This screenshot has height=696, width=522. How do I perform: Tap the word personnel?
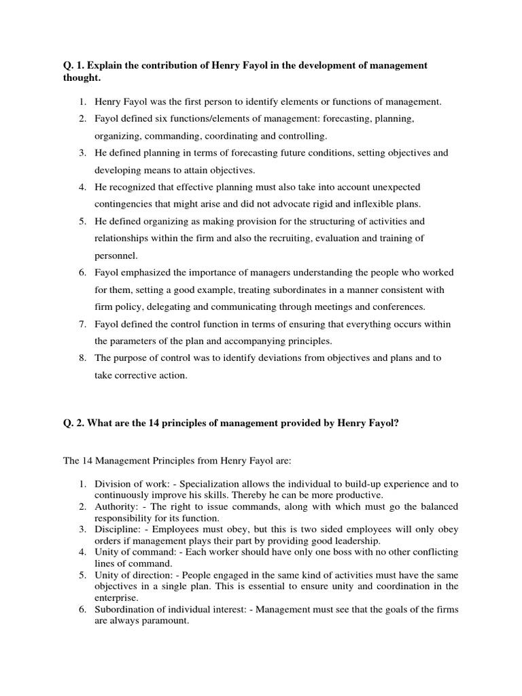[115, 255]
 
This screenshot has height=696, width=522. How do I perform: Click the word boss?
[300, 553]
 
